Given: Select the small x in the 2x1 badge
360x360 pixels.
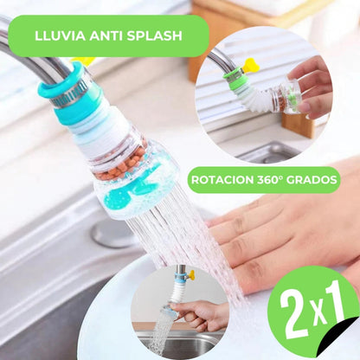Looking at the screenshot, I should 318,314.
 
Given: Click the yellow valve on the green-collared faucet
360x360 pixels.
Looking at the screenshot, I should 251,65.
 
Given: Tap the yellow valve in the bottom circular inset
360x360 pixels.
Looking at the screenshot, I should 190,274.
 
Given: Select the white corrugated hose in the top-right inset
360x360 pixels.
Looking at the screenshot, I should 256,95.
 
